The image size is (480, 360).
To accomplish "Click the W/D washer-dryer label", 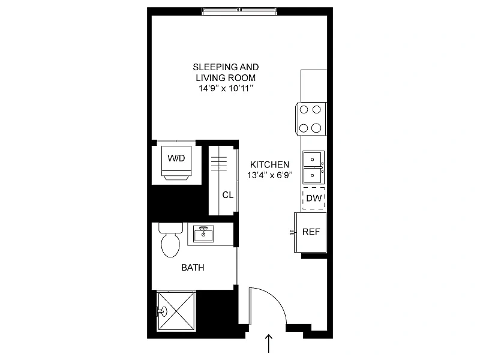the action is (176, 158).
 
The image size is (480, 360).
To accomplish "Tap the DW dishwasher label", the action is (314, 199).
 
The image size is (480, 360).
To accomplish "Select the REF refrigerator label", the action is (311, 232).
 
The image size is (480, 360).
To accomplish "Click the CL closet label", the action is (228, 195).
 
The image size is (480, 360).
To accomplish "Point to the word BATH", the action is (193, 268).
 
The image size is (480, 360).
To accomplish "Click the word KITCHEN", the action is (269, 164).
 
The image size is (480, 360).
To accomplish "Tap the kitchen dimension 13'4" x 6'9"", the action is (269, 175).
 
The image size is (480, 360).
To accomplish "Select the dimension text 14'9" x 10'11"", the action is (226, 88).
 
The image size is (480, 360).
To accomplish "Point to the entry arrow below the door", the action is (269, 343).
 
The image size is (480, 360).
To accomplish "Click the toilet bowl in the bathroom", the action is (170, 245).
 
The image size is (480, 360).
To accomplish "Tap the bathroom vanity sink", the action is (203, 234).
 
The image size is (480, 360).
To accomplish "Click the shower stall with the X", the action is (176, 311).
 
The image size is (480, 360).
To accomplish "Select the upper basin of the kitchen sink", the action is (312, 160).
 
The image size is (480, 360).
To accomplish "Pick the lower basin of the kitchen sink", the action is (312, 175).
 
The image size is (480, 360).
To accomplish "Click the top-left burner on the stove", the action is (304, 109).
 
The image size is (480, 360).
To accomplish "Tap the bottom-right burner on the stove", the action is (317, 128).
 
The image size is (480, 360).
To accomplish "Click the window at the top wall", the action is (239, 11).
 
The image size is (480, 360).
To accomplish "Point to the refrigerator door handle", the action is (292, 232).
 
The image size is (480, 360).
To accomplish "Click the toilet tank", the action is (171, 228).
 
